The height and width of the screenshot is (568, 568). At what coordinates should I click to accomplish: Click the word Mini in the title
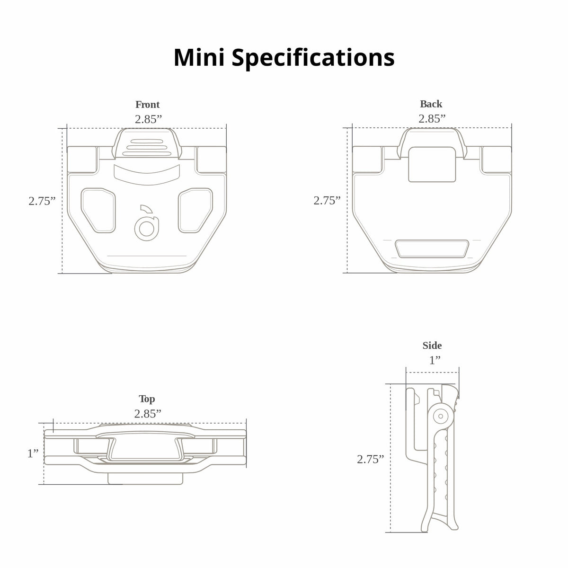coord(199,57)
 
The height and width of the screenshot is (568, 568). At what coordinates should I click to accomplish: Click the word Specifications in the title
coord(313,59)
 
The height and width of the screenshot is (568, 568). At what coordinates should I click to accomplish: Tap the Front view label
coord(147,104)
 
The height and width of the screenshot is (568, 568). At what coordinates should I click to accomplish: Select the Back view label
coord(431,104)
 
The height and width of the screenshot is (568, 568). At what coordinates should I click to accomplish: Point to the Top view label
coord(147,399)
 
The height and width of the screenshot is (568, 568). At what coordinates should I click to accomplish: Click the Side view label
coord(432,346)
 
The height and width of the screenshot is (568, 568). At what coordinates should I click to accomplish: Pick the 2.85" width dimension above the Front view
coord(149,119)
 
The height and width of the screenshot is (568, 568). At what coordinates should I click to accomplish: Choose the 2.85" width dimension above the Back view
coord(432,119)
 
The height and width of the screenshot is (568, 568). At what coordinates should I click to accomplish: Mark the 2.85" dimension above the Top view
coord(148,414)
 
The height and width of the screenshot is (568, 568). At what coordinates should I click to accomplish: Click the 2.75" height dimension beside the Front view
coord(42,201)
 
